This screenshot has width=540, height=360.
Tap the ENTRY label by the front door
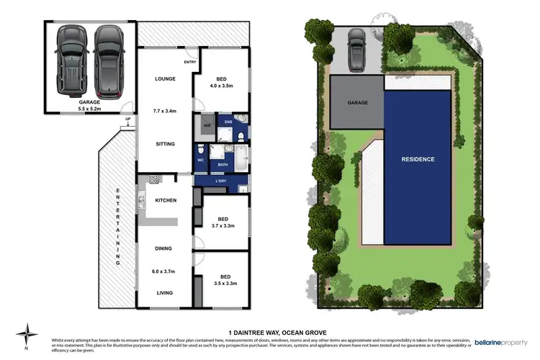[x=190, y=62]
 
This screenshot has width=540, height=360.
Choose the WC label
[x=201, y=160]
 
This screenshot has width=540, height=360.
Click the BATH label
[x=223, y=166]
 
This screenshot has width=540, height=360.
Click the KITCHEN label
[x=165, y=200]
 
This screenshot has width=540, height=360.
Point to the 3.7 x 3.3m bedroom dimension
[x=223, y=225]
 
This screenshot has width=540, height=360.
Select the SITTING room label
[x=165, y=143]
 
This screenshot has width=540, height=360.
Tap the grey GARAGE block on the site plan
[x=357, y=103]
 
